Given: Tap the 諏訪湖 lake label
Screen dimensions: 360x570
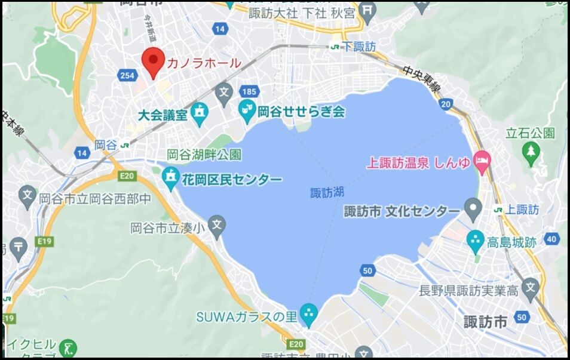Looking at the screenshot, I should [327, 193].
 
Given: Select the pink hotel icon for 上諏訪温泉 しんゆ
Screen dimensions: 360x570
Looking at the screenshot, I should [482, 160].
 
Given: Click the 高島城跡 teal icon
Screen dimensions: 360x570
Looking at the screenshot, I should [476, 241].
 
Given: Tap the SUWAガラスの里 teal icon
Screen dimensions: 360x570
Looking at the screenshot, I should [308, 312].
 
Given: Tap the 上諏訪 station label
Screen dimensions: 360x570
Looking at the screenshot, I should [522, 210].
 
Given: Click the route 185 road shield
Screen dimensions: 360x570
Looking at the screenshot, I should [250, 91].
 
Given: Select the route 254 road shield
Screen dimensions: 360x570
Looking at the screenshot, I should [127, 75].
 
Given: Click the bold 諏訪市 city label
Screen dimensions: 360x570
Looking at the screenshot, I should [485, 322].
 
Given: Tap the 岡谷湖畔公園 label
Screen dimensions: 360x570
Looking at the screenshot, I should [204, 155].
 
